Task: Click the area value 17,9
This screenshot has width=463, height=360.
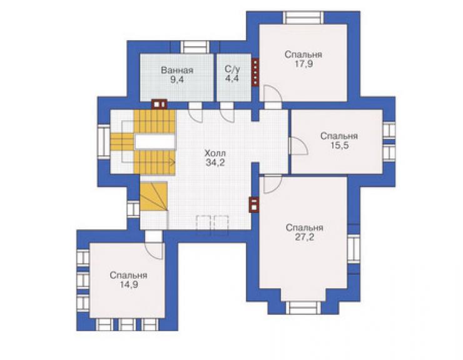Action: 304,64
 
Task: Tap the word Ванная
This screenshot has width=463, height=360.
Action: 177,70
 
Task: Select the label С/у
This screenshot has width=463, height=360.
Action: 232,69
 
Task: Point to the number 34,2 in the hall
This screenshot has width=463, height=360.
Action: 215,162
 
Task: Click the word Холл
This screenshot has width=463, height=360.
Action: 215,153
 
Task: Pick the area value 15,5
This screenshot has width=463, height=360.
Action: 339,145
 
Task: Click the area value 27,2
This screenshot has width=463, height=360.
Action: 305,237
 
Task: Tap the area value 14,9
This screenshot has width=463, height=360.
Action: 129,285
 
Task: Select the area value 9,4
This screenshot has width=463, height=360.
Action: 177,80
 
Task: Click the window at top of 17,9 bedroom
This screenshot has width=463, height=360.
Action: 303,18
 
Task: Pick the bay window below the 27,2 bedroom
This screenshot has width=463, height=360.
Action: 303,307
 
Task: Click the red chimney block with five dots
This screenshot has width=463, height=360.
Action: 255,72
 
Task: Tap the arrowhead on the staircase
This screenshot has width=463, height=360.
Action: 173,162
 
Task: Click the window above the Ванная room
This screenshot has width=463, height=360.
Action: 195,47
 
